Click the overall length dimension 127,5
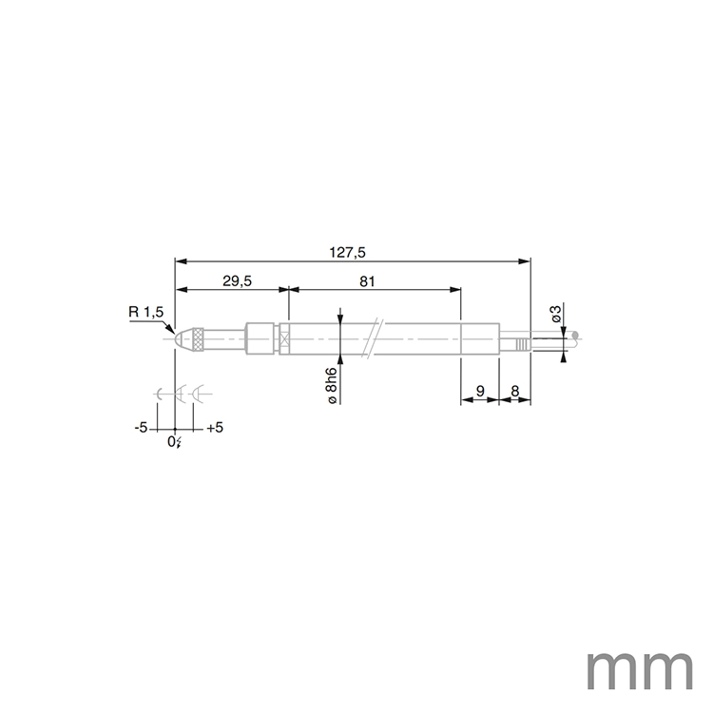coord(347,253)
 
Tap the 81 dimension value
coord(369,281)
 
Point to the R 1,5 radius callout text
coord(145,312)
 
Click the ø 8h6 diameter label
coord(332,387)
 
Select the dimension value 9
coord(480,391)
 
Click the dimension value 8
coord(514,391)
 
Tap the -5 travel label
coord(141,428)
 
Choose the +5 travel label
coord(214,428)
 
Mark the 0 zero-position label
coord(174,442)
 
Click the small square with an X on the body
coord(285,339)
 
